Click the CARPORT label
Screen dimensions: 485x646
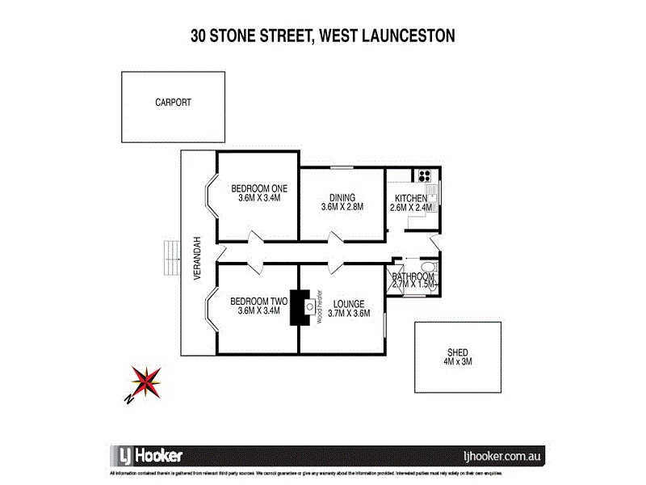coord(174,103)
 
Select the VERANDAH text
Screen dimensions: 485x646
coord(195,263)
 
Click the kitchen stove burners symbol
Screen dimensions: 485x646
coord(424,174)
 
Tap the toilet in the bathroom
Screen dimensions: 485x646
coord(428,269)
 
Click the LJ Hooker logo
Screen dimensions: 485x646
coord(145,454)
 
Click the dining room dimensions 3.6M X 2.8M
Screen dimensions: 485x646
coord(342,207)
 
